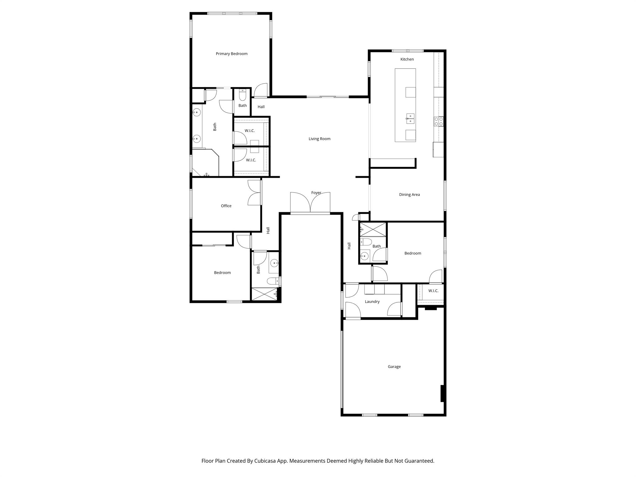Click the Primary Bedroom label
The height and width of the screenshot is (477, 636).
tap(231, 54)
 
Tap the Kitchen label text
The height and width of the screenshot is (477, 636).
tap(407, 59)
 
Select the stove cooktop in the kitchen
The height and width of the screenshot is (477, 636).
tap(438, 121)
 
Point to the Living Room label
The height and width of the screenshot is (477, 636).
tap(319, 139)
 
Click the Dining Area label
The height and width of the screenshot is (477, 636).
tap(409, 195)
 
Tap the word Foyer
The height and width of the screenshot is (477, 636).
tap(316, 193)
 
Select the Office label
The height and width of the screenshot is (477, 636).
tap(226, 206)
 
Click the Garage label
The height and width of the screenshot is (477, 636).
tap(394, 367)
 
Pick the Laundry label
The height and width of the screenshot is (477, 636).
tap(372, 302)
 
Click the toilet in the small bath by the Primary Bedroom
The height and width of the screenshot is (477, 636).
tap(243, 95)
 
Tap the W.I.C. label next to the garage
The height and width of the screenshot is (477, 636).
tap(433, 291)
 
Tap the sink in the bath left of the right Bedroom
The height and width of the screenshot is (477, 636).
tap(364, 256)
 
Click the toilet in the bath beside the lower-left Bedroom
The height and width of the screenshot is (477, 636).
tap(273, 281)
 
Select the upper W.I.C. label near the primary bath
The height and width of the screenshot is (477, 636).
tap(249, 131)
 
